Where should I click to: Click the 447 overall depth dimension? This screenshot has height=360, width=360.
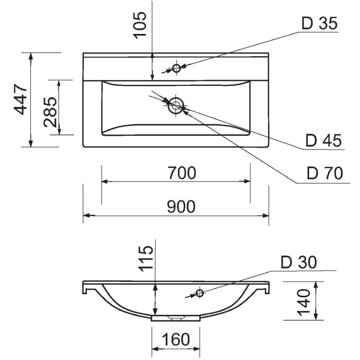[21, 100]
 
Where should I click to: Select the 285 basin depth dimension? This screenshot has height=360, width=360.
[50, 112]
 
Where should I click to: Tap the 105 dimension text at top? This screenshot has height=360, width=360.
[139, 25]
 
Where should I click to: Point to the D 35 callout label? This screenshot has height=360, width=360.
[319, 23]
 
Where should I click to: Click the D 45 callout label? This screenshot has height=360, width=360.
[323, 140]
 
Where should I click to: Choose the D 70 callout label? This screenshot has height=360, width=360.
[325, 173]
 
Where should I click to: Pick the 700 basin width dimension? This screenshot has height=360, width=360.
[182, 173]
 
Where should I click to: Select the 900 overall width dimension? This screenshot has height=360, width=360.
[181, 207]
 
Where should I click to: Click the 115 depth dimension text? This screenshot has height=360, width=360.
[147, 259]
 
